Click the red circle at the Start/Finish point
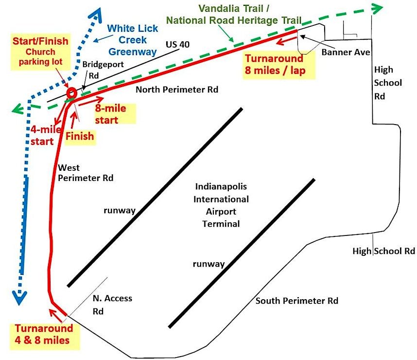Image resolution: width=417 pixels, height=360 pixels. click(x=71, y=92)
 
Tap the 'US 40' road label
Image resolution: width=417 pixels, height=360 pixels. click(x=177, y=44)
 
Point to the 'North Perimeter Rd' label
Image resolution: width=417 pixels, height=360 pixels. click(x=177, y=90)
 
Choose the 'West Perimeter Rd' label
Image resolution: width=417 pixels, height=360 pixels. click(x=85, y=173)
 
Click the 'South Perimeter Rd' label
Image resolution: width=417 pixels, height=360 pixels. click(x=296, y=301)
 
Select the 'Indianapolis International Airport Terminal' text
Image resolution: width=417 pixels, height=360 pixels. click(x=221, y=205)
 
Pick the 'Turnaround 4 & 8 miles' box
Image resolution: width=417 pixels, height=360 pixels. click(x=42, y=334)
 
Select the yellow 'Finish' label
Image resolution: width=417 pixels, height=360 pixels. click(x=80, y=136)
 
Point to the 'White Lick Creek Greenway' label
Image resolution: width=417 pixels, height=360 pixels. click(x=132, y=40)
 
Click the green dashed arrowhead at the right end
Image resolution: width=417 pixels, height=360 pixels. click(x=375, y=8)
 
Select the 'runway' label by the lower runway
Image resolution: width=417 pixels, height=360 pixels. click(x=208, y=264)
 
